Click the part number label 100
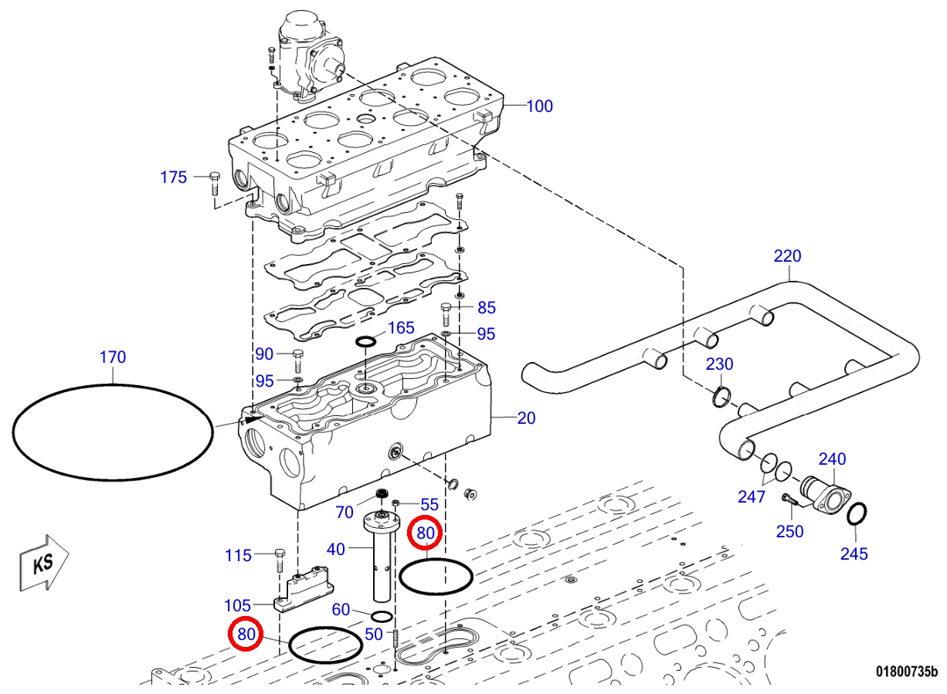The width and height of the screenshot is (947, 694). pyautogui.click(x=539, y=106)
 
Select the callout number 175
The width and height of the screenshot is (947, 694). pyautogui.click(x=173, y=178)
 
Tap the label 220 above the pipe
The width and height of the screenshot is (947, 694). pyautogui.click(x=787, y=256)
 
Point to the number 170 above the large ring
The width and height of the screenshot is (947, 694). pyautogui.click(x=113, y=357)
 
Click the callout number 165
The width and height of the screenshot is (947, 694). pyautogui.click(x=401, y=328)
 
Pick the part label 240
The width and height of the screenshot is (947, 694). pyautogui.click(x=832, y=459)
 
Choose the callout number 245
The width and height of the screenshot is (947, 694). pyautogui.click(x=854, y=554)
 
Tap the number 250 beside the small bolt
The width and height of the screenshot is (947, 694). pyautogui.click(x=789, y=531)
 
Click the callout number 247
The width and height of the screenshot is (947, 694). pyautogui.click(x=752, y=496)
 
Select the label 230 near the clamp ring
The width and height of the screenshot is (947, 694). pyautogui.click(x=719, y=364)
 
